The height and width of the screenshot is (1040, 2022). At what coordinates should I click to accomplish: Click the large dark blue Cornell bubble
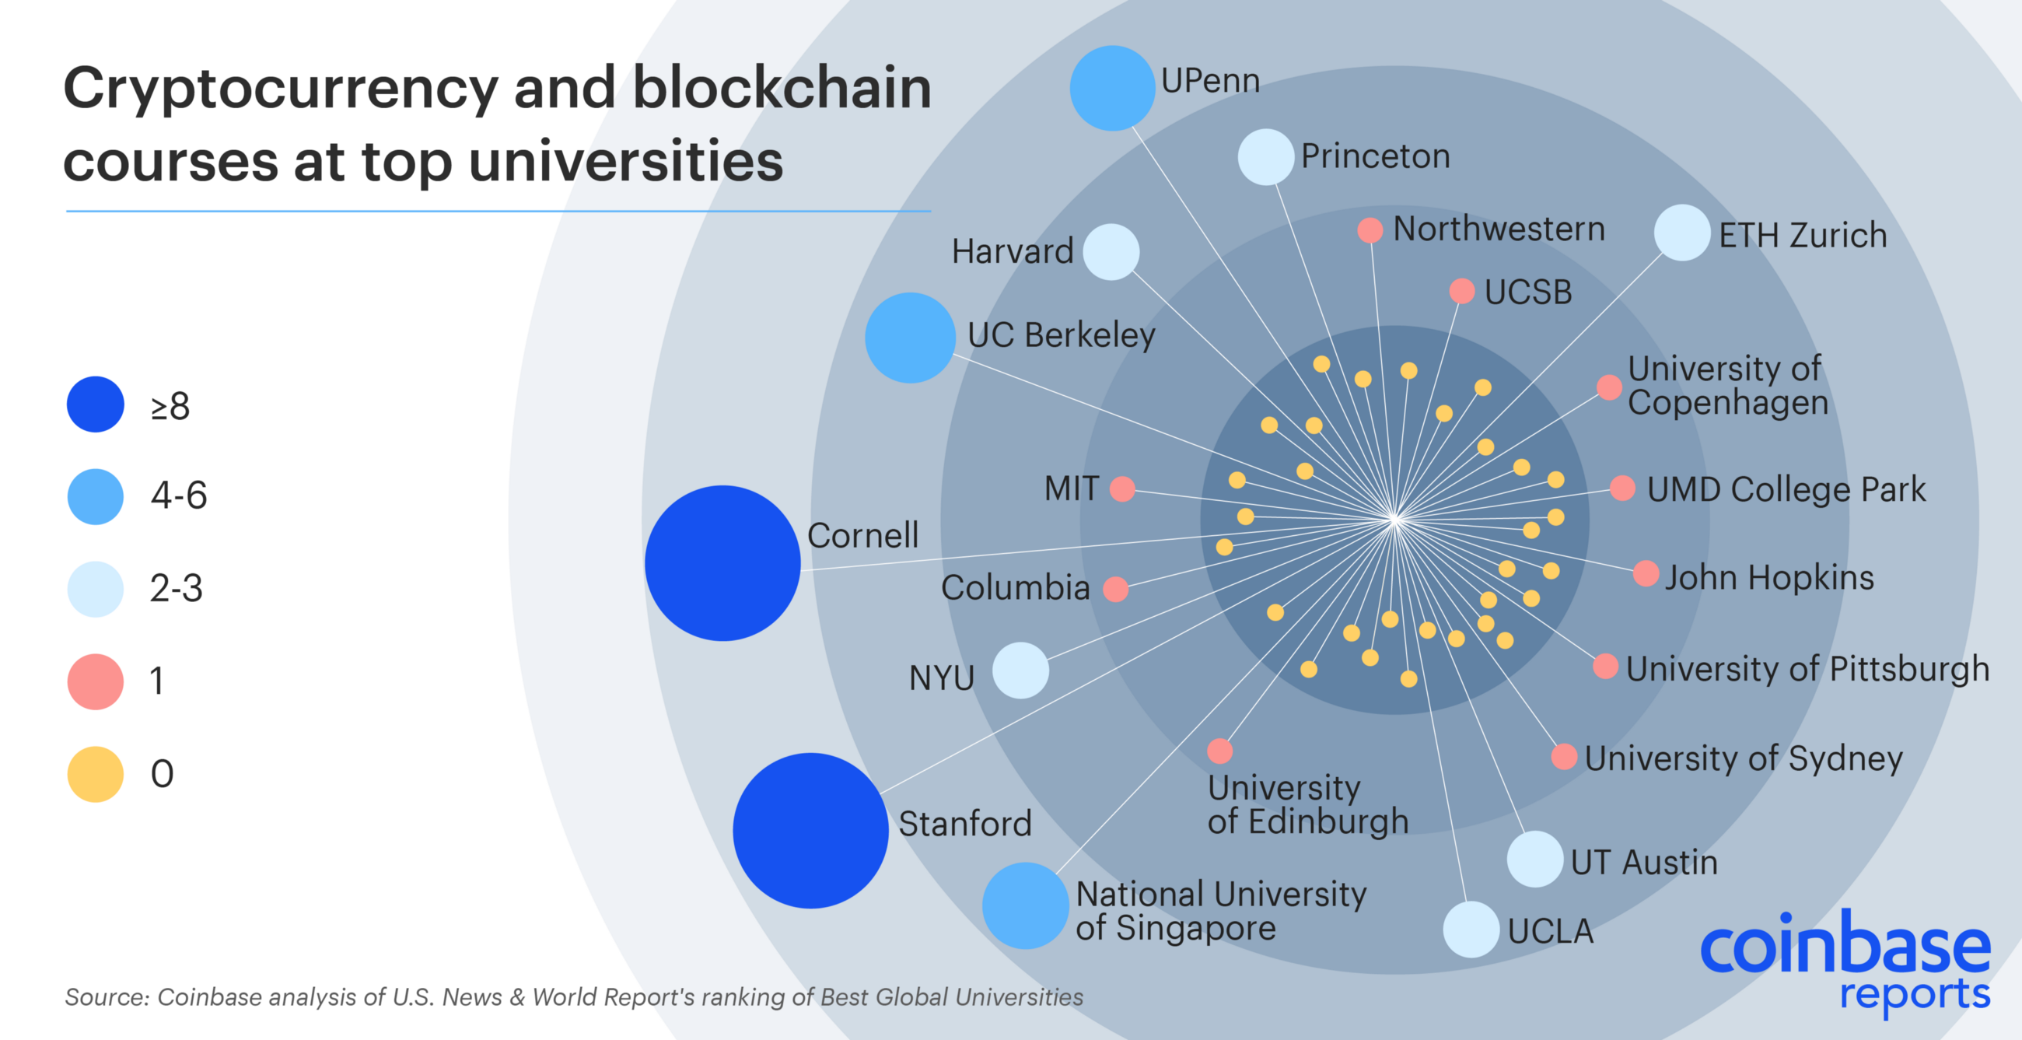[x=722, y=562]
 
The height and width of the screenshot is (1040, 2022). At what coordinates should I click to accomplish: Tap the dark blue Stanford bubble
[x=810, y=831]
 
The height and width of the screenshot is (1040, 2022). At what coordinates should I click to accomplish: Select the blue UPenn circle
[x=1111, y=88]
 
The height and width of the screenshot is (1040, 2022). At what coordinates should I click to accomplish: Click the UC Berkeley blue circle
[x=910, y=338]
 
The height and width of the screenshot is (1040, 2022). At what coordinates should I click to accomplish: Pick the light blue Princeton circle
[x=1265, y=157]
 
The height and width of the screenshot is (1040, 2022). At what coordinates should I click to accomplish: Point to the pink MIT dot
[x=1121, y=488]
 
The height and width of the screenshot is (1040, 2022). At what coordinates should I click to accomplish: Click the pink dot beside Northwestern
[x=1370, y=230]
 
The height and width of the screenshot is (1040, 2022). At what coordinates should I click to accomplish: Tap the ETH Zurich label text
[x=1802, y=235]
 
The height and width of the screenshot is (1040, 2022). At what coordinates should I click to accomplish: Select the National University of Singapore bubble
[x=1024, y=905]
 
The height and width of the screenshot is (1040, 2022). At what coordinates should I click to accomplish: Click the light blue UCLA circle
[x=1471, y=930]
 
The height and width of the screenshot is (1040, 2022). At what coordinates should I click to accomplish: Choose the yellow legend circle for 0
[x=95, y=774]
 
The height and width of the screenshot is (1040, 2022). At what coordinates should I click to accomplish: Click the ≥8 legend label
[x=170, y=406]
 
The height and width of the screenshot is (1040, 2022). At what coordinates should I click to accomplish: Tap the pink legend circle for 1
[x=95, y=681]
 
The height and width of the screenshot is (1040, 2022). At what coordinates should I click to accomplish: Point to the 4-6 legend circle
[x=95, y=496]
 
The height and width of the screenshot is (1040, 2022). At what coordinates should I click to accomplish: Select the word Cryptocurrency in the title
[x=280, y=89]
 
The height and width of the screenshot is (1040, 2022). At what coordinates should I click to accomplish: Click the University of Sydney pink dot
[x=1564, y=757]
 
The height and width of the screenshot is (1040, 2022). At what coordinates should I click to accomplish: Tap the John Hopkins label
[x=1769, y=577]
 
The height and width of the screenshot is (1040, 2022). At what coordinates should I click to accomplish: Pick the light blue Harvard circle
[x=1111, y=252]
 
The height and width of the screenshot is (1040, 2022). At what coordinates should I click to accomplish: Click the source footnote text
[x=573, y=997]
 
